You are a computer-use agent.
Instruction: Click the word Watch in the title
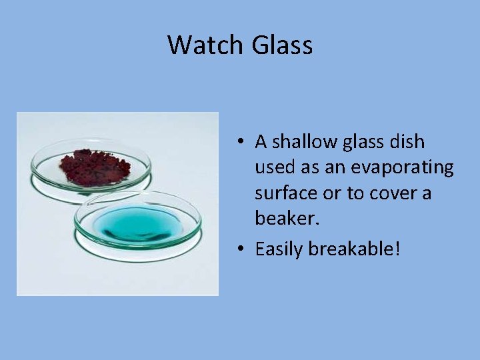click(206, 45)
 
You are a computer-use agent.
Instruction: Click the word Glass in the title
click(282, 45)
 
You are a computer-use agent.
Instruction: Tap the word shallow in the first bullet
click(306, 142)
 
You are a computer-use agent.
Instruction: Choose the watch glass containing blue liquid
click(137, 223)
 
